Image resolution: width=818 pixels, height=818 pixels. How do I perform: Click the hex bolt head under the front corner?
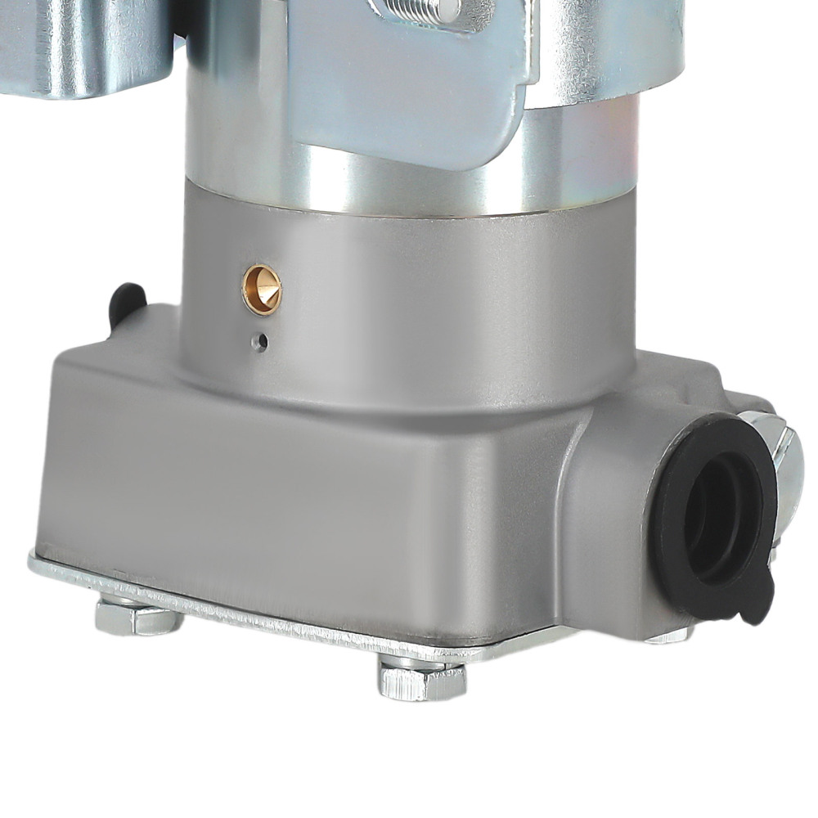(x=422, y=680)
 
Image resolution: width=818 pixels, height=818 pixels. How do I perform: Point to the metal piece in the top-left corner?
(x=82, y=45)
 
